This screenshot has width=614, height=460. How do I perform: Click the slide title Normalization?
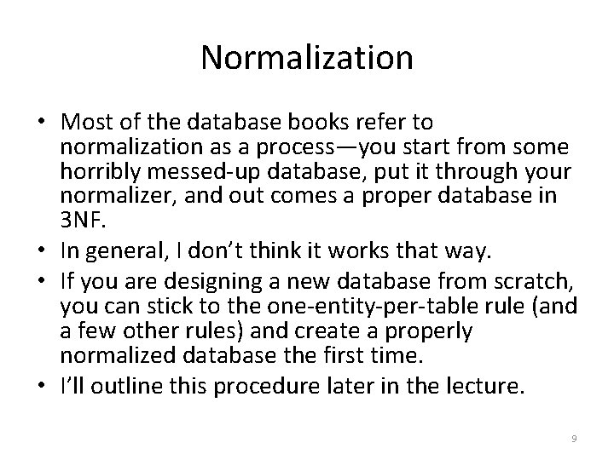click(x=307, y=57)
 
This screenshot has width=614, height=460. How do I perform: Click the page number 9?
click(x=574, y=437)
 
